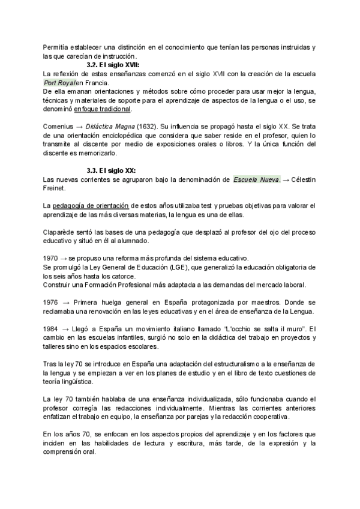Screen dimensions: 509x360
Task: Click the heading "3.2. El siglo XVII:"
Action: coord(115,64)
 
